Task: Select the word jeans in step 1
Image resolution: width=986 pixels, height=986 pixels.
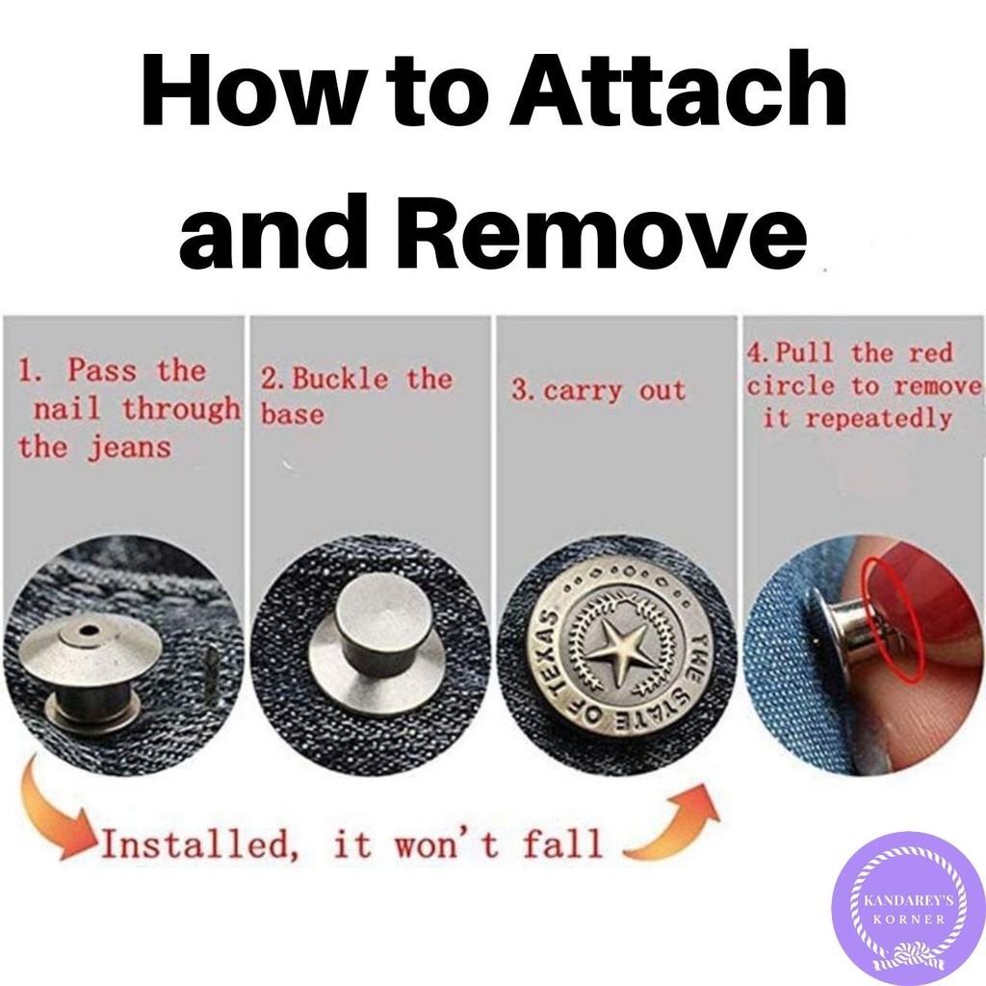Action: click(x=129, y=448)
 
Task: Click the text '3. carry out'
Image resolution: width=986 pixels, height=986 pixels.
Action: click(x=598, y=391)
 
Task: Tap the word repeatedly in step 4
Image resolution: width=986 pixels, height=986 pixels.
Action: click(x=878, y=418)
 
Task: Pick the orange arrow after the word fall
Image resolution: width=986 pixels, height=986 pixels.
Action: click(x=672, y=824)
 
